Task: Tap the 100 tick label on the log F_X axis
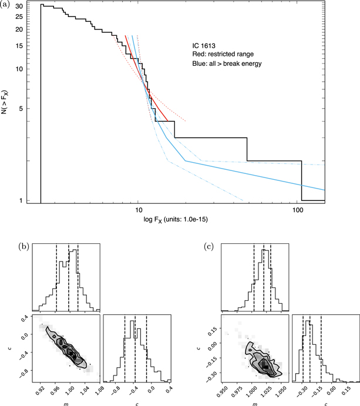pyautogui.click(x=297, y=209)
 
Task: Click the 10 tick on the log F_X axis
pyautogui.click(x=139, y=209)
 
